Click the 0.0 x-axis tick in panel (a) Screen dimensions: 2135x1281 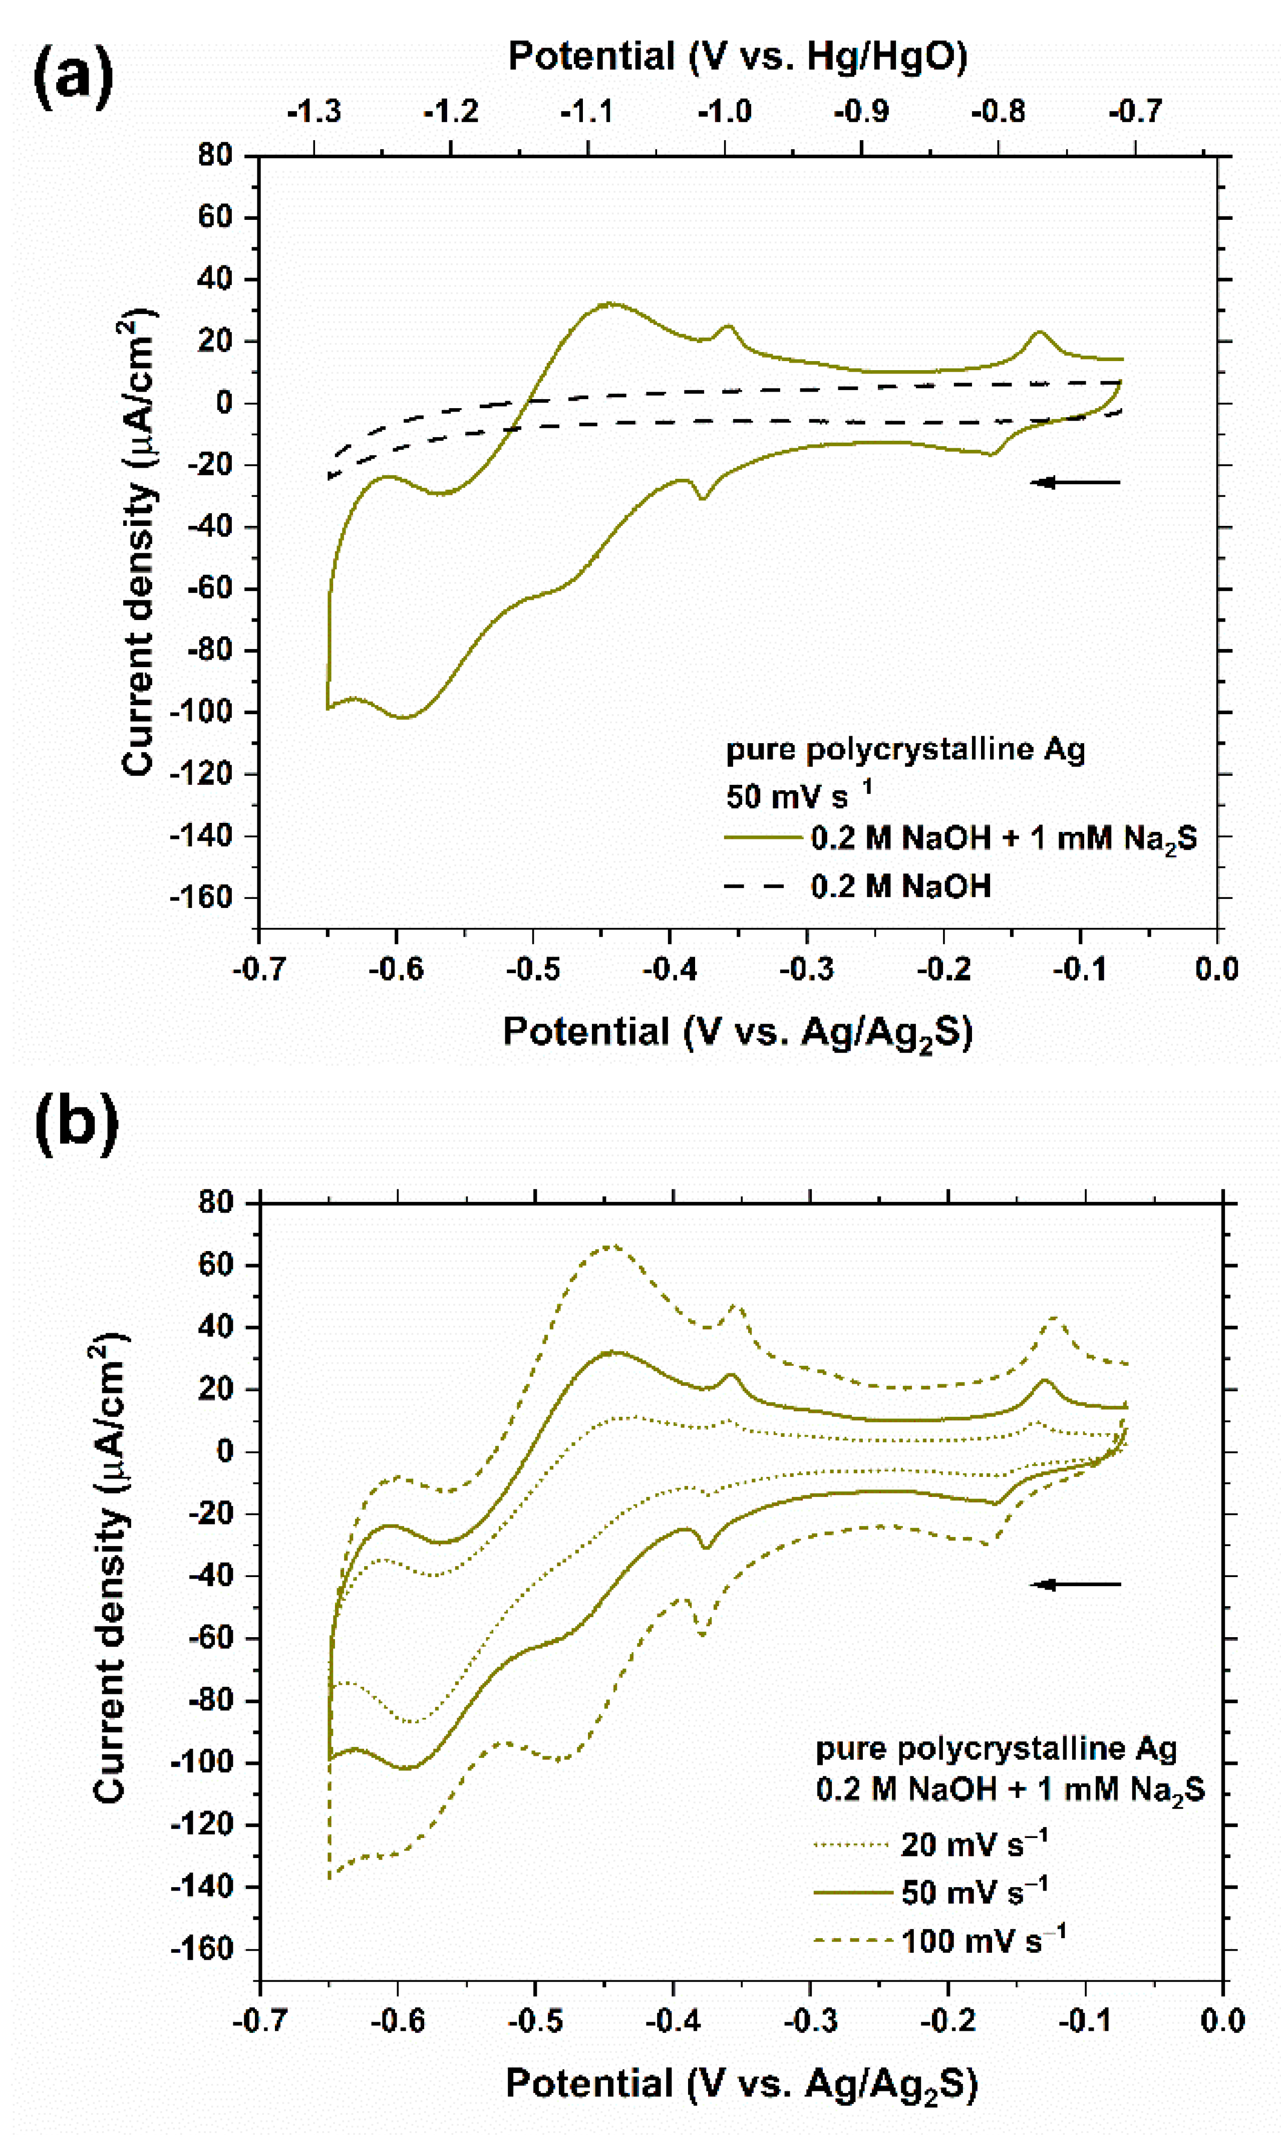coord(1216,969)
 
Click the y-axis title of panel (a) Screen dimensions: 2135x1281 coord(138,542)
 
